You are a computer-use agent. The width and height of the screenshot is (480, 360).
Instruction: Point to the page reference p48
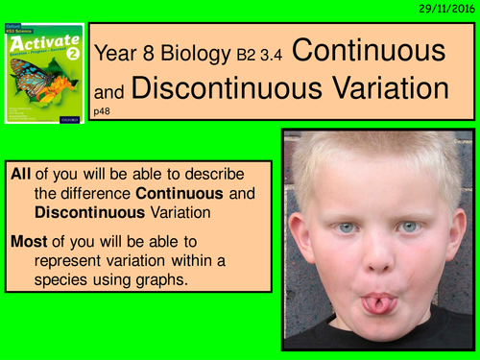pyautogui.click(x=103, y=112)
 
